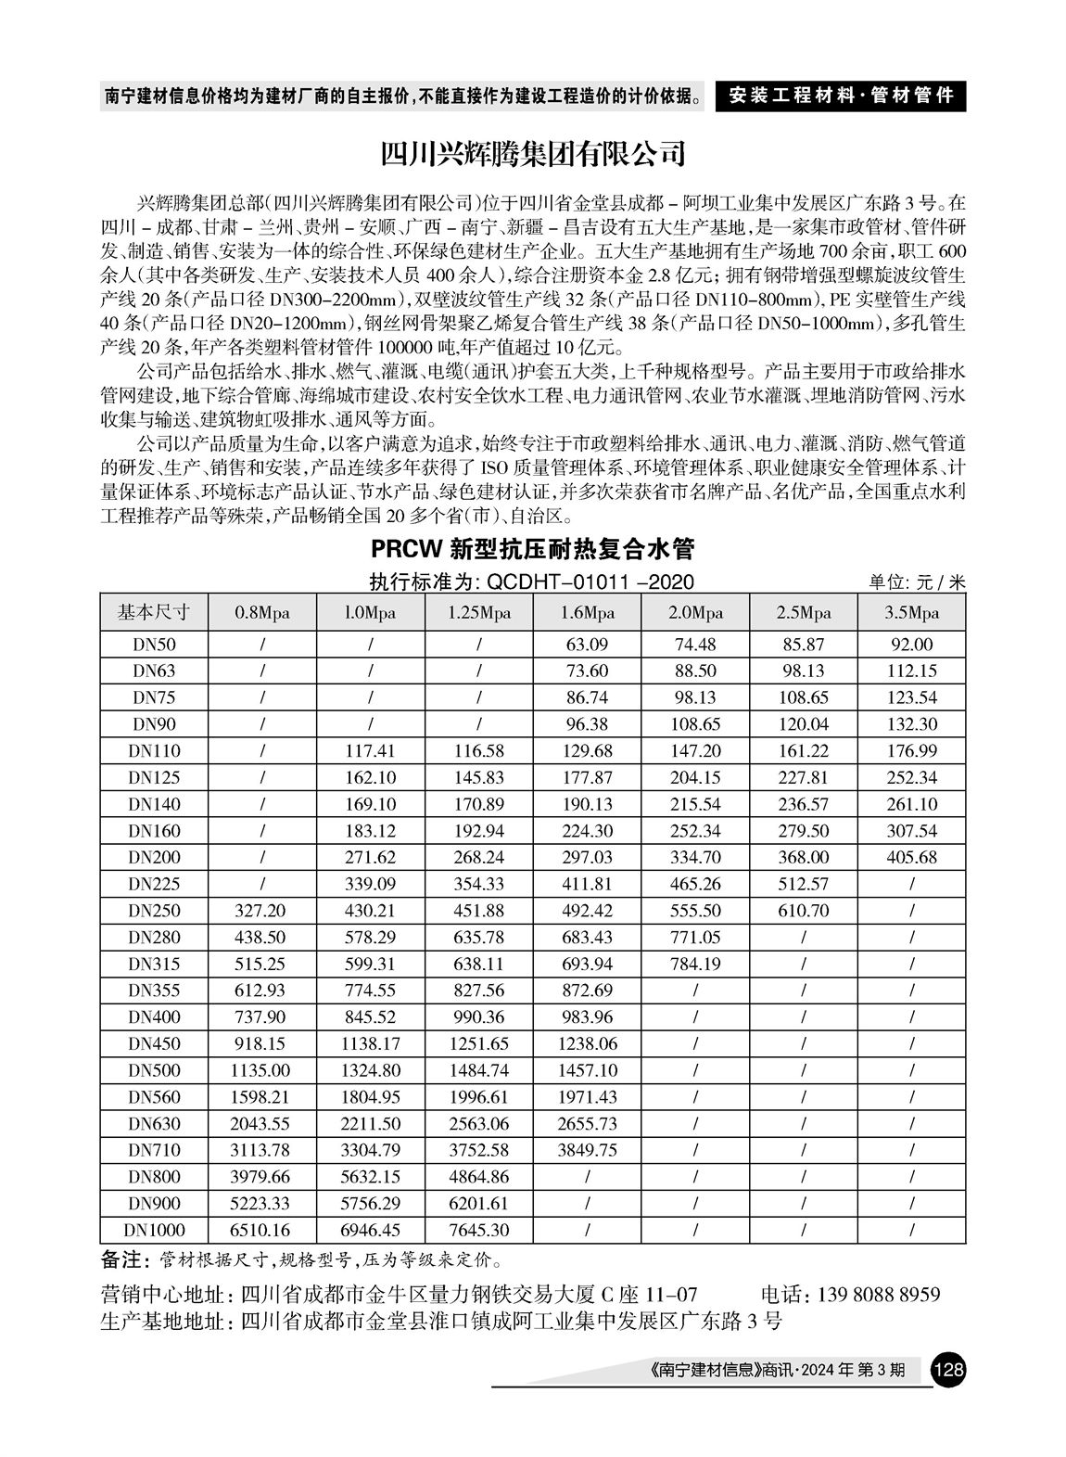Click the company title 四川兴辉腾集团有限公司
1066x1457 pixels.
[x=533, y=151]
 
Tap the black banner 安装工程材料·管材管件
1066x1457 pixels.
[x=840, y=96]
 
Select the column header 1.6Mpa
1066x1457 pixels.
[x=587, y=613]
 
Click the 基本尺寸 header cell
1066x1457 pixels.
[x=154, y=613]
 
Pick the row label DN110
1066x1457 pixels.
[x=154, y=751]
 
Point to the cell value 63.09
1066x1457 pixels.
[x=587, y=645]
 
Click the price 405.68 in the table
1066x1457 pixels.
[x=911, y=858]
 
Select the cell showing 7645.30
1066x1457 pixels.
[x=478, y=1231]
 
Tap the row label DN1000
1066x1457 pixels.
[x=154, y=1231]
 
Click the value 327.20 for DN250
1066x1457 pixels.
[x=262, y=911]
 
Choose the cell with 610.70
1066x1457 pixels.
[x=803, y=911]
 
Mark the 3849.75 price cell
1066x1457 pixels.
[x=587, y=1151]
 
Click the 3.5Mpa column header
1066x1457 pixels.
[x=911, y=613]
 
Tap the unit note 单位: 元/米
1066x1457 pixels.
[x=916, y=582]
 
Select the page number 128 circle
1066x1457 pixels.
[x=949, y=1370]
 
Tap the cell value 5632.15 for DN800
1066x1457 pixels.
[x=371, y=1177]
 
